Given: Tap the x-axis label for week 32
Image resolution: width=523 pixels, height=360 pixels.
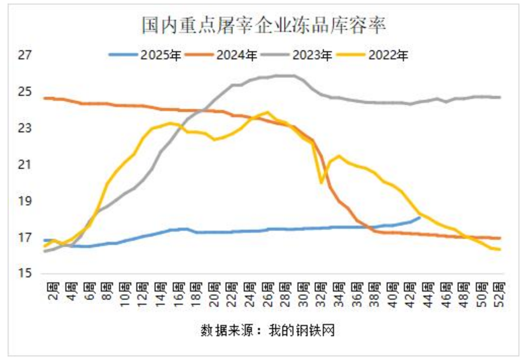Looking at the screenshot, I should (321, 293).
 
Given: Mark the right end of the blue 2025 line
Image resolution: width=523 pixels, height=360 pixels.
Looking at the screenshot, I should (420, 218).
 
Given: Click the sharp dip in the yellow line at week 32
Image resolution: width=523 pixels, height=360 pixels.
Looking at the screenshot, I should (321, 183).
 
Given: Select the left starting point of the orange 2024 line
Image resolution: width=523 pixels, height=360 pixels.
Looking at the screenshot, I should (45, 98).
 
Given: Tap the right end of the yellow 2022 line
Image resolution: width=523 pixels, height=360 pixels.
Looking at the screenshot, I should (500, 249).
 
